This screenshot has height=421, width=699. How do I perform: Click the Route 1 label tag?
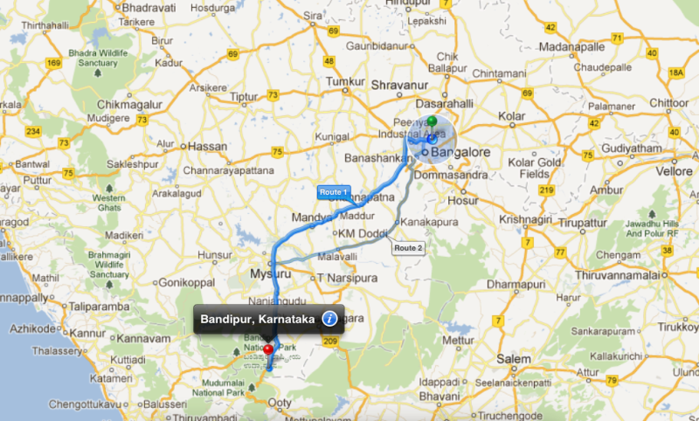(333, 190)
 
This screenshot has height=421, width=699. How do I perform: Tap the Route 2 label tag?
(408, 248)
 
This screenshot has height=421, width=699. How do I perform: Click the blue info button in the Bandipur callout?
(329, 318)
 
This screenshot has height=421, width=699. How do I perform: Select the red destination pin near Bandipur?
(268, 353)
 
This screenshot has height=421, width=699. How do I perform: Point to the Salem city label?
(512, 359)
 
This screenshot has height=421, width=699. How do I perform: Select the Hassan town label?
(207, 146)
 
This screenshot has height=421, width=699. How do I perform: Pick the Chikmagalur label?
(120, 105)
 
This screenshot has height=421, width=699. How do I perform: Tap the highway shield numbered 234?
(34, 131)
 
